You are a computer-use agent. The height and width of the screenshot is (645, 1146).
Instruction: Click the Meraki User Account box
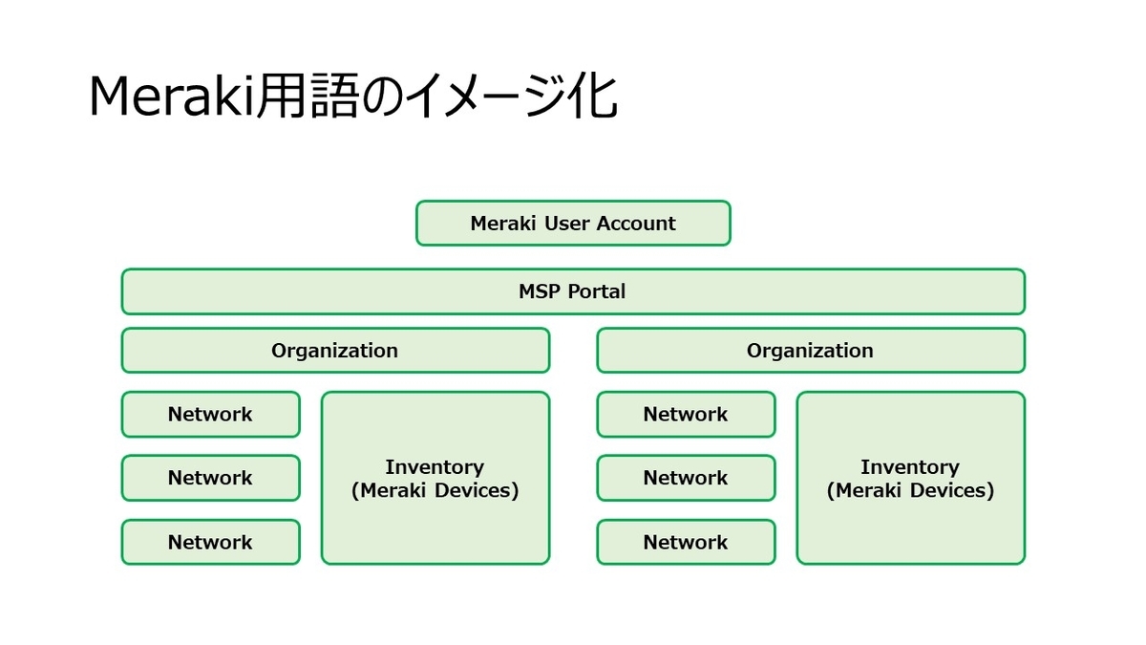point(573,223)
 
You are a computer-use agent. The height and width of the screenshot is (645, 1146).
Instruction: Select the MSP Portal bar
point(573,291)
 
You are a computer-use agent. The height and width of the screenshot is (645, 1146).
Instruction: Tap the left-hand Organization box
point(335,351)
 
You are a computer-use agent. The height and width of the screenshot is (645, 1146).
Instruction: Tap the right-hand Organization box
point(810,351)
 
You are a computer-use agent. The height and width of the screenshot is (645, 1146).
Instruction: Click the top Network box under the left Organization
point(210,415)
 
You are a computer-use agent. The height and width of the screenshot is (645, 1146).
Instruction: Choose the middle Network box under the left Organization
point(210,478)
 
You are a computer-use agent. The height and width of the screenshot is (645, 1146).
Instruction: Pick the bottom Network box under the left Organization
point(210,542)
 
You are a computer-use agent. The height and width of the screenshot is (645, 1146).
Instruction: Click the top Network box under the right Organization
point(686,415)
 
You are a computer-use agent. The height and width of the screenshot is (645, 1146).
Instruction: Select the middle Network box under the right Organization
point(686,478)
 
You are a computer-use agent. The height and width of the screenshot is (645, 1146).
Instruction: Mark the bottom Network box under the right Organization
point(686,542)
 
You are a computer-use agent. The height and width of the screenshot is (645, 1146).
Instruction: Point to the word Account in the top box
point(636,224)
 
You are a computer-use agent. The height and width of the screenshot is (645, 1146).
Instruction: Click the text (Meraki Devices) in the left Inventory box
point(435,491)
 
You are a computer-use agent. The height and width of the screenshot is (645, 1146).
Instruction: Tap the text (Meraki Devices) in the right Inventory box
point(910,491)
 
